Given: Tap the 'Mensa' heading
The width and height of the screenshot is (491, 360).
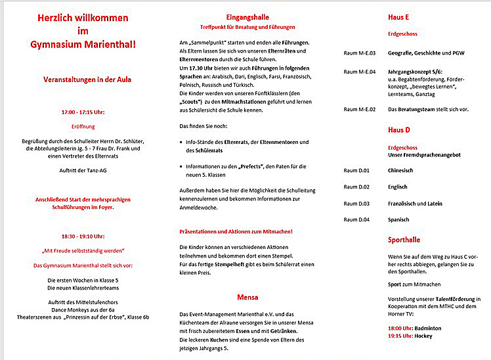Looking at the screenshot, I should pos(247,296).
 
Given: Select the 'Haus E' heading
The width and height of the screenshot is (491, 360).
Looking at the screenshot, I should pos(400,17).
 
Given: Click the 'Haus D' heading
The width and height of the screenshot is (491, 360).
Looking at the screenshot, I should pos(399,130).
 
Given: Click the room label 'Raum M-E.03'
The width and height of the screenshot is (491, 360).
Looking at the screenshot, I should pos(360,53).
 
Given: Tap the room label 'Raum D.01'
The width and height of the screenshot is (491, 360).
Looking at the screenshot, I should pos(356,171).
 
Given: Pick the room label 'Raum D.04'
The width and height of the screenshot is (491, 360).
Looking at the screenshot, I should pos(356,219).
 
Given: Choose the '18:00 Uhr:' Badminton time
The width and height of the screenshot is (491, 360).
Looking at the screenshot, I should pos(400,327).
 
